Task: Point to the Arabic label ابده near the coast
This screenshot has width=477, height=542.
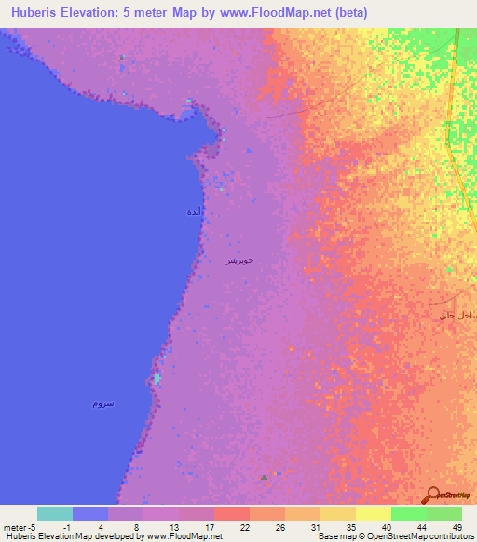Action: coord(193,213)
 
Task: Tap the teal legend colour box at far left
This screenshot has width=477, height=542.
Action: coord(55,513)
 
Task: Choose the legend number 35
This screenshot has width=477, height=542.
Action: coord(351,527)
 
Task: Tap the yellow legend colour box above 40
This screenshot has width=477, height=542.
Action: coord(373,513)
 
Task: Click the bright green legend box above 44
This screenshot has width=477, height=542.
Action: coord(408,513)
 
